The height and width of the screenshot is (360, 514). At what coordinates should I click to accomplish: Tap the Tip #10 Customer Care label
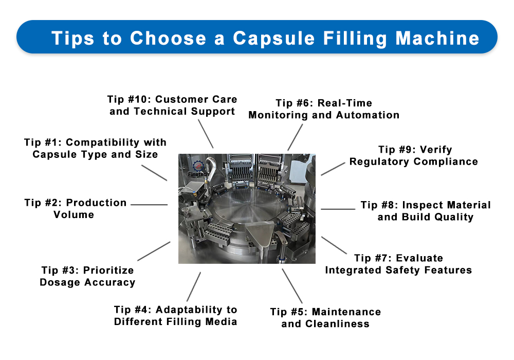(172, 105)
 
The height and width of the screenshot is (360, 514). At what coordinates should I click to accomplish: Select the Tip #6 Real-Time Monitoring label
(324, 109)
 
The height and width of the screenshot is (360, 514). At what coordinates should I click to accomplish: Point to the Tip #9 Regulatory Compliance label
(414, 156)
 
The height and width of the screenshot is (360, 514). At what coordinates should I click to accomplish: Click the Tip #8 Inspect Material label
(426, 211)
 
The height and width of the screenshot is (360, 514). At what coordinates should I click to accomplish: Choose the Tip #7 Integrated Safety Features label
(398, 264)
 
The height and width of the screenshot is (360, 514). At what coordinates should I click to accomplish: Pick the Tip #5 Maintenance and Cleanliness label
(325, 317)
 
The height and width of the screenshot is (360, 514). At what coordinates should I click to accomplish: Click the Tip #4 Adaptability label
(176, 315)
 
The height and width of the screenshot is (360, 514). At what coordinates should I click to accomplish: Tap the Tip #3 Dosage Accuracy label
(87, 276)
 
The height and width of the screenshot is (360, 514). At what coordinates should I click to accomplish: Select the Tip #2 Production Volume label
(75, 208)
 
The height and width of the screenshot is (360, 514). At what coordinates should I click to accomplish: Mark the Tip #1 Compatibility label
(96, 148)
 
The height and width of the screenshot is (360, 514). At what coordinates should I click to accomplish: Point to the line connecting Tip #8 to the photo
(338, 209)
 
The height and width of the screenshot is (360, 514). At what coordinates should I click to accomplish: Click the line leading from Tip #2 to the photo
(149, 204)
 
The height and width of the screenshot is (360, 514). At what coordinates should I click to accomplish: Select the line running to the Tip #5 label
(292, 285)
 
